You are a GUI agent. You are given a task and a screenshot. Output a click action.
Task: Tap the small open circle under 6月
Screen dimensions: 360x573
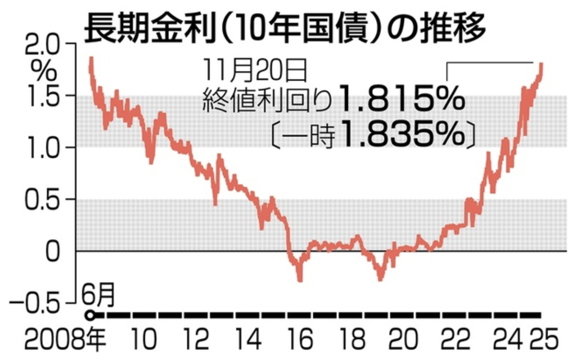pos(90,315)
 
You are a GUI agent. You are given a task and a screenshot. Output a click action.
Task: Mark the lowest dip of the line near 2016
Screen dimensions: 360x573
pos(300,280)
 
